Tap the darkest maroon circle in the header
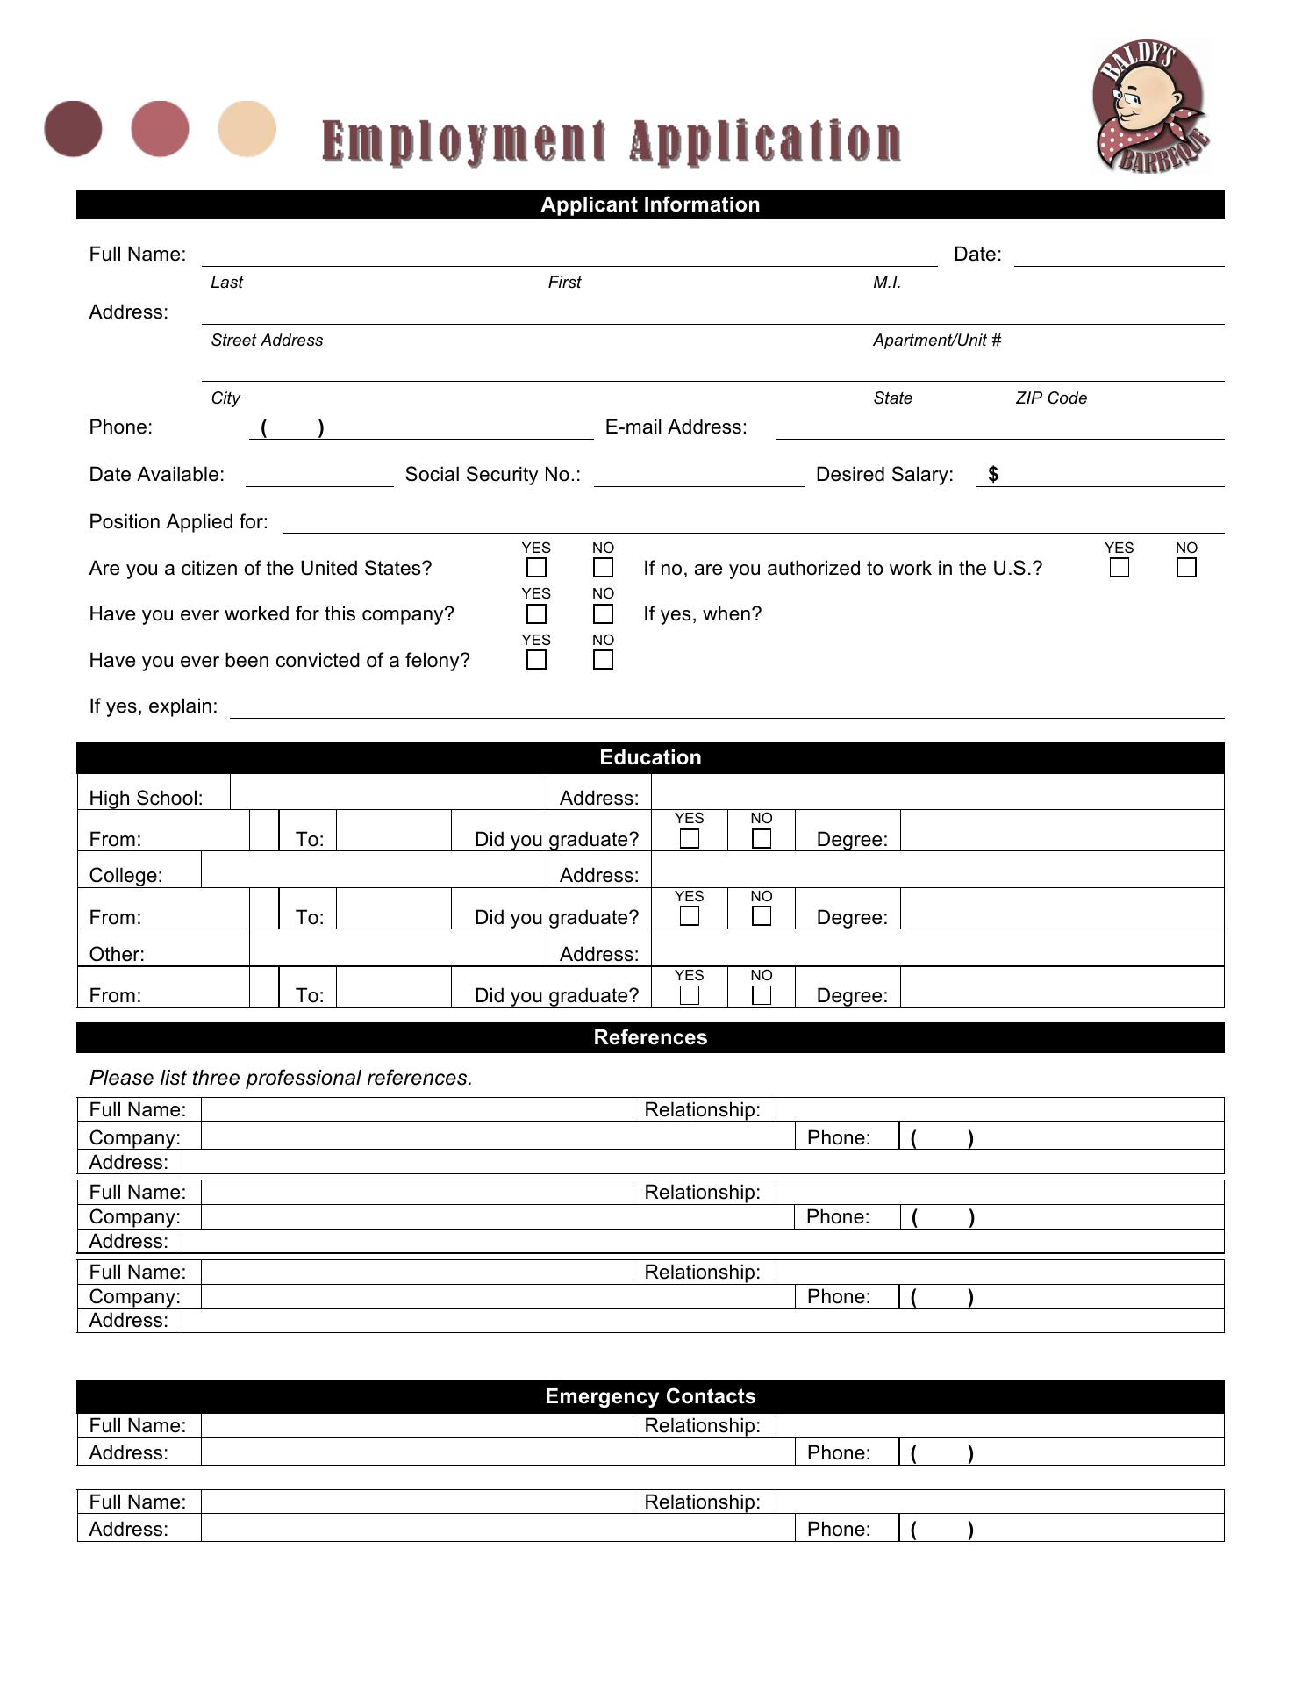pos(73,129)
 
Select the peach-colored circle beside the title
pos(247,129)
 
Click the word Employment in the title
pos(463,142)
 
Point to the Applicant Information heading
pos(650,204)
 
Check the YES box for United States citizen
pos(536,568)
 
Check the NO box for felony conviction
pos(603,660)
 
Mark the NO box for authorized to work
pos(1186,568)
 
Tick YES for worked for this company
pos(536,614)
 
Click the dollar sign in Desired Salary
pos(993,474)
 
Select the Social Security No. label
pos(492,475)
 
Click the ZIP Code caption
pos(1051,398)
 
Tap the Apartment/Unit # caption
pos(936,341)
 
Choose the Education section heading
pos(650,757)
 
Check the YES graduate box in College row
pos(690,916)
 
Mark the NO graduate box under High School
pos(762,839)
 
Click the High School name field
pos(388,792)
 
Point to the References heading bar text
pos(650,1037)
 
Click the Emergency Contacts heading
pos(650,1396)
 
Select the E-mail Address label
pos(676,427)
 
